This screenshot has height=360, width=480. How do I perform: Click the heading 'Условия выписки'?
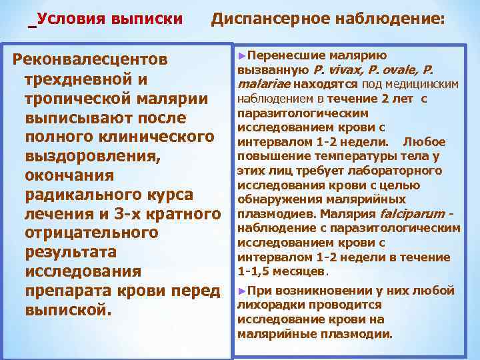pyautogui.click(x=111, y=19)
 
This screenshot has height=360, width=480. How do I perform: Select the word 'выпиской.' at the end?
pyautogui.click(x=65, y=311)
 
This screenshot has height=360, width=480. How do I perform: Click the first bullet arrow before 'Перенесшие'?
pyautogui.click(x=241, y=55)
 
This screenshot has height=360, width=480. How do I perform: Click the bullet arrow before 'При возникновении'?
pyautogui.click(x=241, y=291)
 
